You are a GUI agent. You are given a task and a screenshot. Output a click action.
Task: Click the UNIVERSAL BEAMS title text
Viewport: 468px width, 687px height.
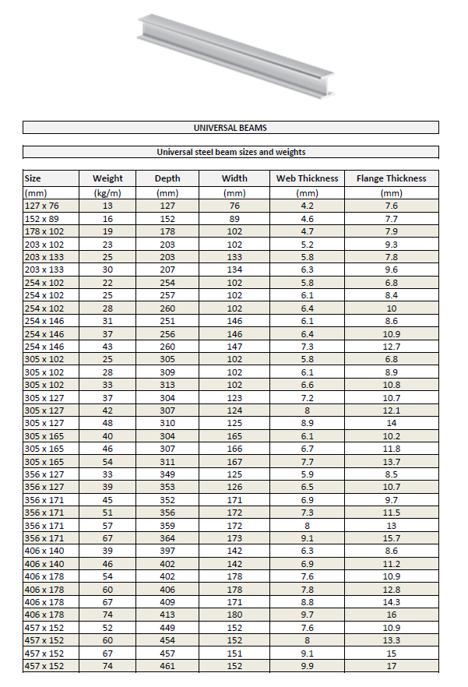(230, 128)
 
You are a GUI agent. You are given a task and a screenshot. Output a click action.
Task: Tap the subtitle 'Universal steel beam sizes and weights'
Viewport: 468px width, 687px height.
(230, 152)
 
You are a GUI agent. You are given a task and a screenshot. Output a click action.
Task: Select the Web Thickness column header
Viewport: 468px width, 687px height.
(307, 178)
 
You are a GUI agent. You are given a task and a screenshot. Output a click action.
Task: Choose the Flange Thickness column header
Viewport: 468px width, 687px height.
(391, 178)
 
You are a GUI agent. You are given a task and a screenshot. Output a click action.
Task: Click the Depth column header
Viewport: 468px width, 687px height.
(167, 178)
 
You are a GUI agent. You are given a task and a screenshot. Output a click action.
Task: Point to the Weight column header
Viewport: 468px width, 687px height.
(107, 178)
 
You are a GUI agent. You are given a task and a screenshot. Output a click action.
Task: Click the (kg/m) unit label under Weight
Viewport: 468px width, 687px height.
(107, 192)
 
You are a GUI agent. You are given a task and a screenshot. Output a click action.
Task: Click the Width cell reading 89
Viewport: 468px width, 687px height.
(234, 219)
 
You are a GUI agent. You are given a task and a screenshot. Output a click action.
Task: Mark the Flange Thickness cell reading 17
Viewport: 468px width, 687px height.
(391, 666)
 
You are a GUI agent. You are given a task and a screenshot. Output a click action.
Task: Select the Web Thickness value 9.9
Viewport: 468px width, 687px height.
(307, 666)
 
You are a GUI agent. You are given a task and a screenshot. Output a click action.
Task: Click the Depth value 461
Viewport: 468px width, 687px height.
(167, 666)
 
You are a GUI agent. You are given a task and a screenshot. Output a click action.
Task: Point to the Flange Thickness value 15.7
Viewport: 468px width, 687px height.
(391, 538)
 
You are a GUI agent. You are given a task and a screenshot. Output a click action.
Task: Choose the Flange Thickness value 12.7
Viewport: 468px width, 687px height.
(391, 347)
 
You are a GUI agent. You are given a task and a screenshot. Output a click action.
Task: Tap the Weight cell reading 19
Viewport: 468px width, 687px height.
(107, 231)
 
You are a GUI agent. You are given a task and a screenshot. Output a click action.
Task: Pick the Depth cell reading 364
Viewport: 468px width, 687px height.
(167, 538)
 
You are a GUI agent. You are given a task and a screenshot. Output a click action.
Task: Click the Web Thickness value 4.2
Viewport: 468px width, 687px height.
(307, 206)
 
